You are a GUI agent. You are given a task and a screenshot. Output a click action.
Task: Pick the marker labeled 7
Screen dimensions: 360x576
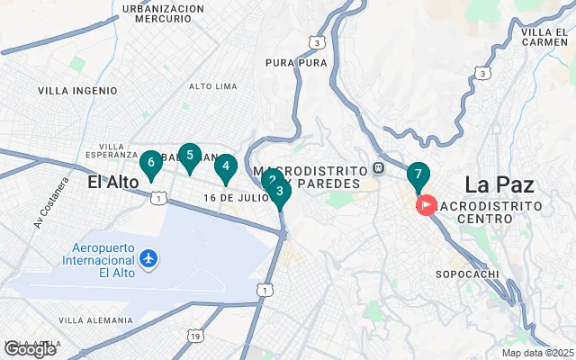418,175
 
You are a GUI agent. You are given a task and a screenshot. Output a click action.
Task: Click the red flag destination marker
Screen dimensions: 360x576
425,205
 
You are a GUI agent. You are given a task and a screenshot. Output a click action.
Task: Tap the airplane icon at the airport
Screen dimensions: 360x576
148,260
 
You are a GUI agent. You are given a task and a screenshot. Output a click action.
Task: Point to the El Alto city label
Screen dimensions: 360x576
113,182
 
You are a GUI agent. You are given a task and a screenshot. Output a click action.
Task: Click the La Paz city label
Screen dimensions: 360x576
499,185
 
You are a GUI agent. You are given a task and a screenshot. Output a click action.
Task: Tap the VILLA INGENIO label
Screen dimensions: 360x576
77,91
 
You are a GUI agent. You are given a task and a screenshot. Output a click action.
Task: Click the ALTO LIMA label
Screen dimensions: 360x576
212,86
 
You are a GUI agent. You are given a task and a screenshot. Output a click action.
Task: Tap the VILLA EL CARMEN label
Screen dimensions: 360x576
543,37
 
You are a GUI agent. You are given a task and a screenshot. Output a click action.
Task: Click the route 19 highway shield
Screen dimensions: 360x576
195,336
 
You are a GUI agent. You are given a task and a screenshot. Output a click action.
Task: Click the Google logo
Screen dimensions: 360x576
29,349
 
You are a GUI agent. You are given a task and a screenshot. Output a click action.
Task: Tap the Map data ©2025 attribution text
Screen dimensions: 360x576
537,353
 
